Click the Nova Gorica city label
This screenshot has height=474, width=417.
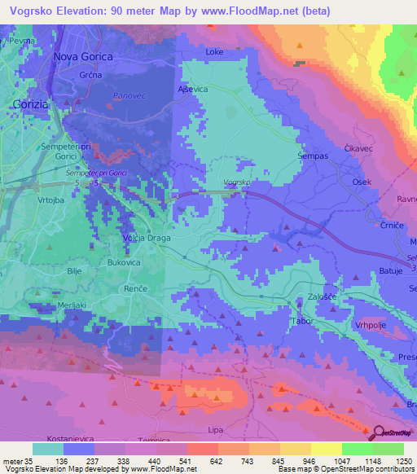coord(82,56)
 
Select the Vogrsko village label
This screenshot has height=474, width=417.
coord(235,182)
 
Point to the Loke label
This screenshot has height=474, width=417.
coord(214,52)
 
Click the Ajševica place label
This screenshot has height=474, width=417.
coord(193,90)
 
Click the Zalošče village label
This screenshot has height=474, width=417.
coord(322,297)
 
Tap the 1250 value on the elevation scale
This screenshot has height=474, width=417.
coord(393,460)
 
